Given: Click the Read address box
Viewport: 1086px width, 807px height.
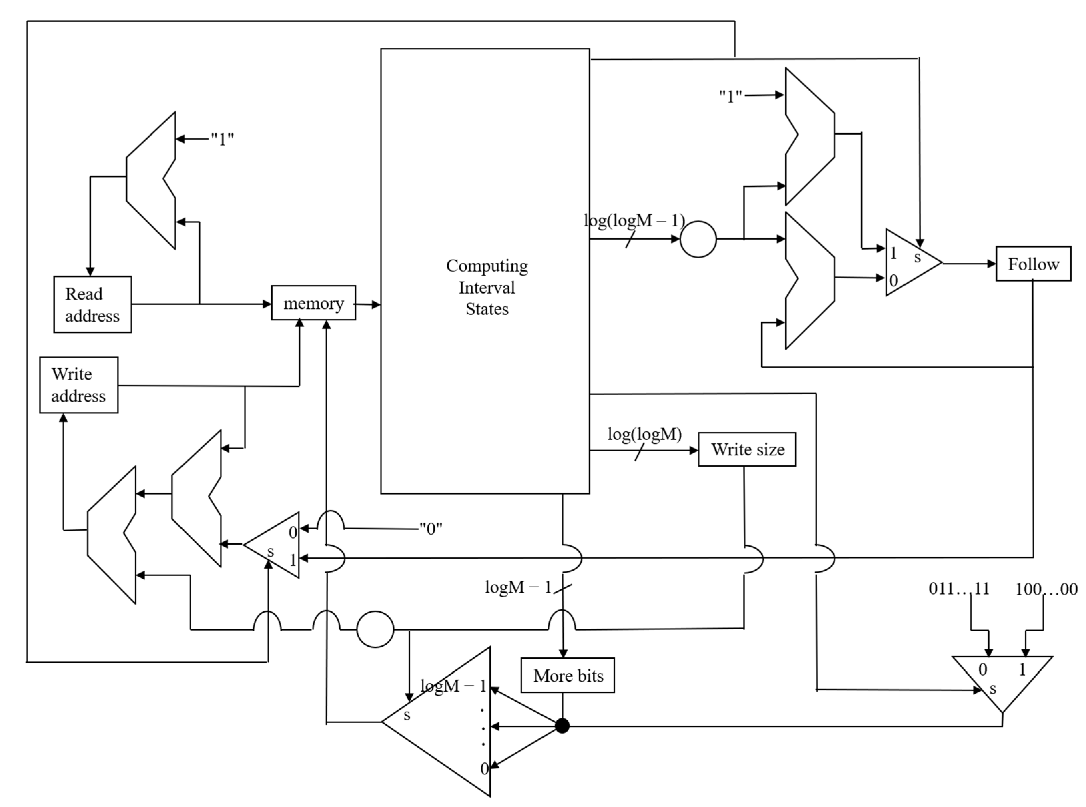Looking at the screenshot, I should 92,304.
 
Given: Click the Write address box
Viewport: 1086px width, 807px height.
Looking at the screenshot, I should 79,385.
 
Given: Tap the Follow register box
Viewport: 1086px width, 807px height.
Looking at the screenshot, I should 1033,264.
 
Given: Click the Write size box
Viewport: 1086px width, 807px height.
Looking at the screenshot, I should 747,449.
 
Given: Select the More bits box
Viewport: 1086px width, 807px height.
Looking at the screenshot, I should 568,676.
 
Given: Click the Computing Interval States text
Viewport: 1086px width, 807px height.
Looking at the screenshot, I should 486,287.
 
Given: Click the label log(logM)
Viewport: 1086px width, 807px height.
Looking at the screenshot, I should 644,434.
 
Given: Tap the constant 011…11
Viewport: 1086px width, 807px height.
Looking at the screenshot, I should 959,589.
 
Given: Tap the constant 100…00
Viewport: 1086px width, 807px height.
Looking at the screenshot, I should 1046,589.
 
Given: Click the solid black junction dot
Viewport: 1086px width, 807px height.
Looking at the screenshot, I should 562,726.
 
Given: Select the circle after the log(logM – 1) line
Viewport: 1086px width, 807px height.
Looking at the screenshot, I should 698,239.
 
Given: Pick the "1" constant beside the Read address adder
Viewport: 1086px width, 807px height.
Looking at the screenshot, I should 222,139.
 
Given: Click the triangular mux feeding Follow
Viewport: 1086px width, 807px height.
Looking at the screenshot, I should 910,263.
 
